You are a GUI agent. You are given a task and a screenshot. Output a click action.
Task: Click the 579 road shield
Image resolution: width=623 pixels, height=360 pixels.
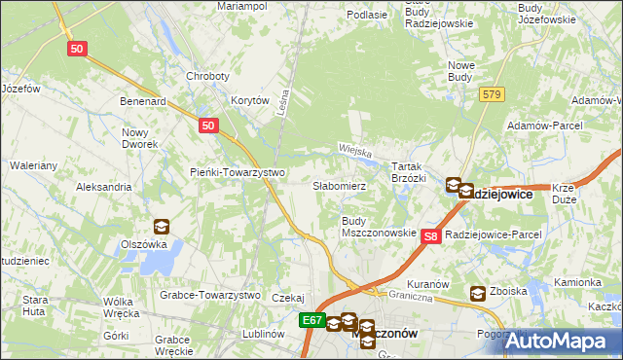pos(491,93)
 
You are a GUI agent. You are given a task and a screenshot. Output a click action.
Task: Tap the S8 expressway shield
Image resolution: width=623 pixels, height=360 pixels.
pos(433,235)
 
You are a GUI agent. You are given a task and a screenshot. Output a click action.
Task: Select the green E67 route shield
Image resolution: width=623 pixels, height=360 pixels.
pos(311,320)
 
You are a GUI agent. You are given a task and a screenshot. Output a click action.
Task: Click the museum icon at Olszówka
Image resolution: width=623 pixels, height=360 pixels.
pos(161,227)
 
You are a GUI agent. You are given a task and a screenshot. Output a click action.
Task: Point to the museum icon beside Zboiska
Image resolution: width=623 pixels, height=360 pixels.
pos(478,293)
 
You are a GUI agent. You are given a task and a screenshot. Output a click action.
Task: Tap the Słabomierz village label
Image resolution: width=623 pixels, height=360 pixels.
pos(339,185)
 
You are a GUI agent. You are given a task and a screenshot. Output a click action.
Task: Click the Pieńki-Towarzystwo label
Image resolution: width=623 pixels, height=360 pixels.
pos(237,172)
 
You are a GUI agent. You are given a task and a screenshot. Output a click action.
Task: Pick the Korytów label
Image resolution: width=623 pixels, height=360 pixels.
pos(249,100)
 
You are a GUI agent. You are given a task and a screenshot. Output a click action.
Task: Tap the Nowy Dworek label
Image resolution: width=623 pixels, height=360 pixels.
pos(139,138)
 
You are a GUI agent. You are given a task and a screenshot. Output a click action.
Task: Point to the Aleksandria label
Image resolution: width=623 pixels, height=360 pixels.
pos(103,186)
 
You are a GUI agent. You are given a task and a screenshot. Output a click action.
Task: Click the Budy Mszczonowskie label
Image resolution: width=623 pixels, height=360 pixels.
pos(378,227)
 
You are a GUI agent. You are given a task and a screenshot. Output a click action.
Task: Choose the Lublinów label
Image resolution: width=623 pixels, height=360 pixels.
pos(262,333)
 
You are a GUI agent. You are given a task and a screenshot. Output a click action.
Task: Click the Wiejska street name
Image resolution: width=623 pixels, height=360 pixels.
pos(356,150)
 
